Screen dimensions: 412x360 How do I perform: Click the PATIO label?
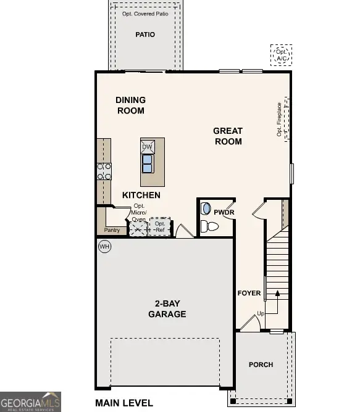pyautogui.click(x=145, y=35)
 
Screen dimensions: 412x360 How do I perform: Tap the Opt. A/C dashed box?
pyautogui.click(x=282, y=55)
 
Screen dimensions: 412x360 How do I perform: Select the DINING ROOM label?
pyautogui.click(x=130, y=105)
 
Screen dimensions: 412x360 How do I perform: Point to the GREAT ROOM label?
pyautogui.click(x=228, y=136)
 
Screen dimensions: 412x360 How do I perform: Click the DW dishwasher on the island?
pyautogui.click(x=148, y=147)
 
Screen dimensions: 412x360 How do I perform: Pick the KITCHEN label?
pyautogui.click(x=141, y=195)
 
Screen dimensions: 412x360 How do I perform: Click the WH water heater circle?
pyautogui.click(x=104, y=246)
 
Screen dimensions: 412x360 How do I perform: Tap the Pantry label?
pyautogui.click(x=112, y=230)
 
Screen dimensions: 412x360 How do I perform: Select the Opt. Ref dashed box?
pyautogui.click(x=161, y=226)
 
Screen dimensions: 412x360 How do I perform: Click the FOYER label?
pyautogui.click(x=249, y=293)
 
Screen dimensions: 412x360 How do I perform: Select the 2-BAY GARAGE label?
pyautogui.click(x=167, y=308)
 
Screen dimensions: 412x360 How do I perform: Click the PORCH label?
pyautogui.click(x=261, y=365)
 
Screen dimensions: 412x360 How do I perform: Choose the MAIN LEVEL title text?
pyautogui.click(x=124, y=403)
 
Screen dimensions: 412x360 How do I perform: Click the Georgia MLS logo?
pyautogui.click(x=31, y=401)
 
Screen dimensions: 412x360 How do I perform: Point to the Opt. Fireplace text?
pyautogui.click(x=279, y=120)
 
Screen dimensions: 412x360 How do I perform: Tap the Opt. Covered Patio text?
pyautogui.click(x=144, y=13)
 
